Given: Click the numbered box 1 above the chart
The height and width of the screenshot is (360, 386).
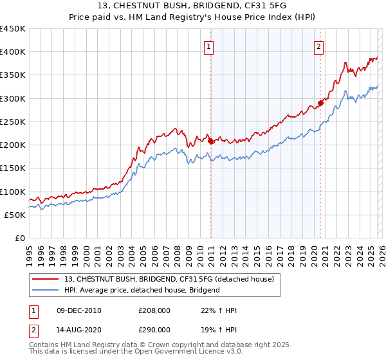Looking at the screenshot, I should point(210,46).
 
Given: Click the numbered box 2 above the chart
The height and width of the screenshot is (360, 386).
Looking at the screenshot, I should point(319,46).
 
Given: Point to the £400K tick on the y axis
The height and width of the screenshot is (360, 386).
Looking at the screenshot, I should point(13,52).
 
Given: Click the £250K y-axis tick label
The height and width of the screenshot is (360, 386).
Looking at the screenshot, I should point(13,122).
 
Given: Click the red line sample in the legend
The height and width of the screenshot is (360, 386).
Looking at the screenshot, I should point(46,279).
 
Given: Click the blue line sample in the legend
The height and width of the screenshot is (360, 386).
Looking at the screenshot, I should point(46,290).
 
